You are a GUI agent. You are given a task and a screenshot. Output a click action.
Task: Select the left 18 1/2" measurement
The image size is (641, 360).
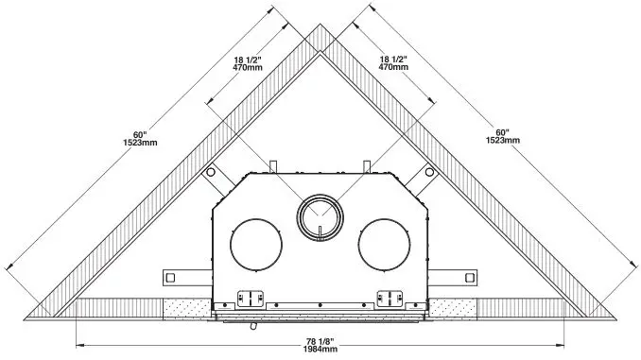(248, 58)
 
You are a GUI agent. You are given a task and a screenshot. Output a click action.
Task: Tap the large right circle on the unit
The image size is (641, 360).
(383, 240)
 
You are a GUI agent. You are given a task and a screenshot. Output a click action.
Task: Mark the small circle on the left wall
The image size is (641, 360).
(206, 173)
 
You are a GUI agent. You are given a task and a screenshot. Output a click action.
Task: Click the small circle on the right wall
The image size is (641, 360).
(431, 173)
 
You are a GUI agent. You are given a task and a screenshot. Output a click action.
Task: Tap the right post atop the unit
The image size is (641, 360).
(367, 166)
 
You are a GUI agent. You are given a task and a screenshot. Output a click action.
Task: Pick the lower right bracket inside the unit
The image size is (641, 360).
(390, 297)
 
